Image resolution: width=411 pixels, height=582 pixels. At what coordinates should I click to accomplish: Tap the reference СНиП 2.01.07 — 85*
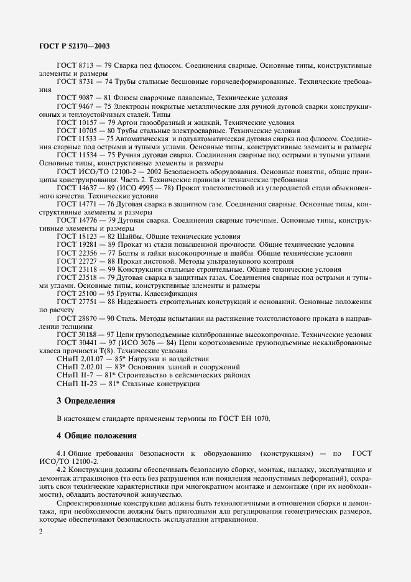click(x=90, y=359)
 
